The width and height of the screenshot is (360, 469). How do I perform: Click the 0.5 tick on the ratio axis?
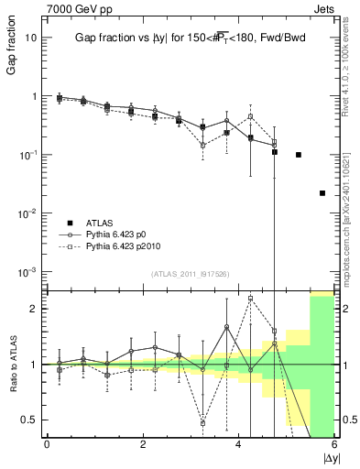point(30,420)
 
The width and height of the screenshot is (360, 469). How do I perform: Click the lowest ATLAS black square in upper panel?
point(322,193)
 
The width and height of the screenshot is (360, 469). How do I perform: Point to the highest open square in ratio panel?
point(250,298)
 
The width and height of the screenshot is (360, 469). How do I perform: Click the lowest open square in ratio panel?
point(202,423)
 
